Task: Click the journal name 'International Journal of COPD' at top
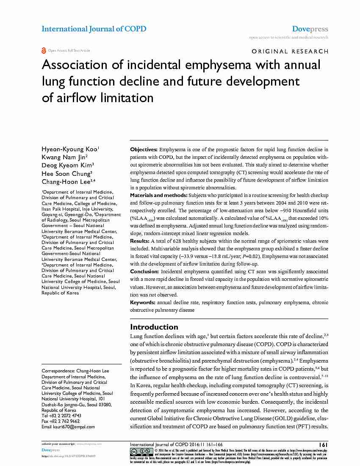[94, 29]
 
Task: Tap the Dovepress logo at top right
[310, 29]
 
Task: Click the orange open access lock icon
[44, 50]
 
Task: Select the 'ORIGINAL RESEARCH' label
[290, 51]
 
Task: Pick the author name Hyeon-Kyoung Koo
[70, 149]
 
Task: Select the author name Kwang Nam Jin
[64, 157]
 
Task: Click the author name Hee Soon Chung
[66, 173]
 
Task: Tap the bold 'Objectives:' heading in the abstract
[144, 150]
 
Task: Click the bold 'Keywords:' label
[143, 302]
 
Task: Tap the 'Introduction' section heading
[154, 327]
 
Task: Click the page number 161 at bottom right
[324, 444]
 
